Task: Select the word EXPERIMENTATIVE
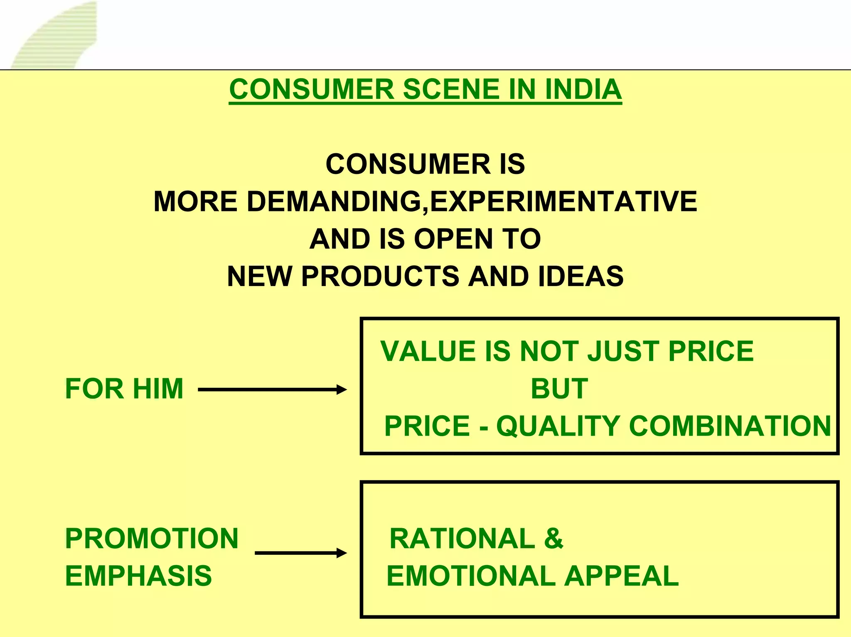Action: [563, 201]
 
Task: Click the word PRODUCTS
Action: [380, 276]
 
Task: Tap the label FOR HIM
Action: [124, 389]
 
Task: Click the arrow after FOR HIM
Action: [272, 390]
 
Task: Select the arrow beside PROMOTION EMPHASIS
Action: [300, 553]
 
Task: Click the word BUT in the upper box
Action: [559, 389]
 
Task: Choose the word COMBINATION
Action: [730, 426]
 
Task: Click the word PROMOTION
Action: [152, 539]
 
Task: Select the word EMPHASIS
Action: [138, 576]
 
